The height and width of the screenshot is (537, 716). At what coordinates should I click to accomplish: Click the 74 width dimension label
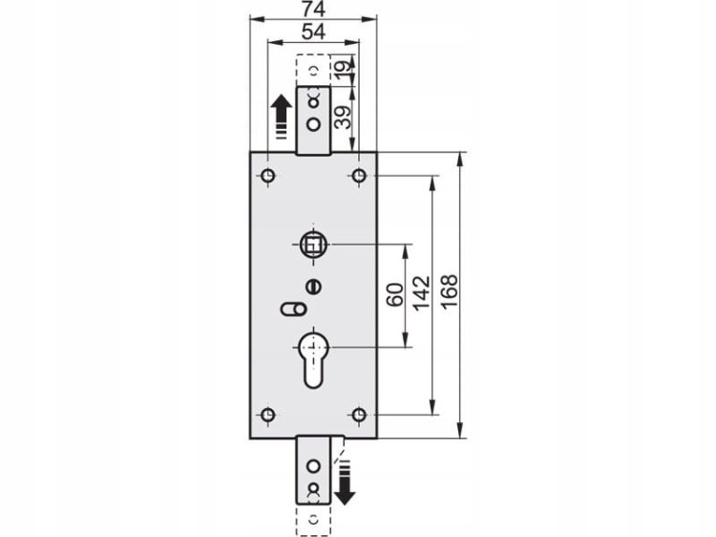point(313,10)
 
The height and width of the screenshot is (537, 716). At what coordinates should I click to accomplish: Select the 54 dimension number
point(314,32)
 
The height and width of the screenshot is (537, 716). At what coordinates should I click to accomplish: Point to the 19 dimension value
point(345,67)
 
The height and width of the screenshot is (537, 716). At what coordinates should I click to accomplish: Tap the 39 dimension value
point(345,118)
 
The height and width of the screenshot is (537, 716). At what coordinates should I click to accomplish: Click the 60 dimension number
point(395,295)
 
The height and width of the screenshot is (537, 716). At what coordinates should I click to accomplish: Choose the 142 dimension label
point(421,293)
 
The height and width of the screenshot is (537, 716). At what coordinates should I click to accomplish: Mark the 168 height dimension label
point(449,293)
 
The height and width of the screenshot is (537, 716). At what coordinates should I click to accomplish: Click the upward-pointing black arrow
point(281,117)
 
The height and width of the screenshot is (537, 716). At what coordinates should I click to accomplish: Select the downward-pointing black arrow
point(345,483)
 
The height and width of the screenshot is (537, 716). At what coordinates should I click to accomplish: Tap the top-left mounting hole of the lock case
point(267,175)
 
